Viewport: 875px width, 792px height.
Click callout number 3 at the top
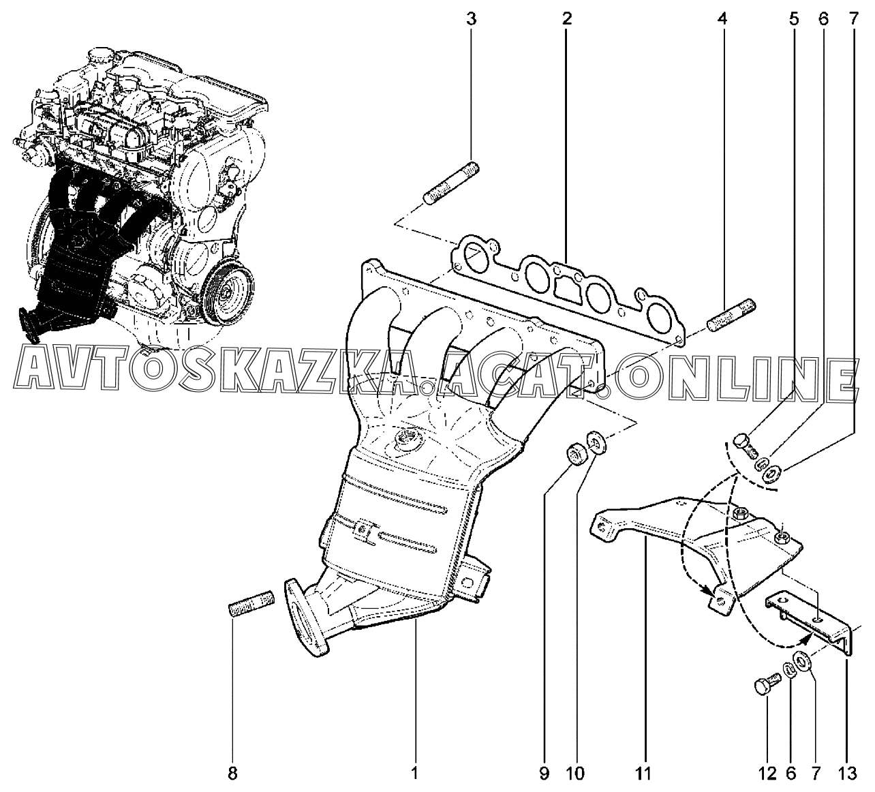(x=472, y=19)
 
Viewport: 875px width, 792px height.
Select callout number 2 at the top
(x=566, y=19)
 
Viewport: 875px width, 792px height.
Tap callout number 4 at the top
(x=722, y=19)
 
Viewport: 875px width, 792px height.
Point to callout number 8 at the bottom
(x=232, y=774)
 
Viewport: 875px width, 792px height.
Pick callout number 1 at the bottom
(x=414, y=774)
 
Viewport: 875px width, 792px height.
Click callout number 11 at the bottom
(x=643, y=774)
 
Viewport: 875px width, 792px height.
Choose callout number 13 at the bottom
(x=846, y=774)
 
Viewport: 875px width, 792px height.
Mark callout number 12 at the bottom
(x=766, y=774)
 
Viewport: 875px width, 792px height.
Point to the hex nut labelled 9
(x=575, y=455)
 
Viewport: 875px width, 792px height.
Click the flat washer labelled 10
(x=596, y=444)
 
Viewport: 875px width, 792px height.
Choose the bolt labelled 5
(x=746, y=446)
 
